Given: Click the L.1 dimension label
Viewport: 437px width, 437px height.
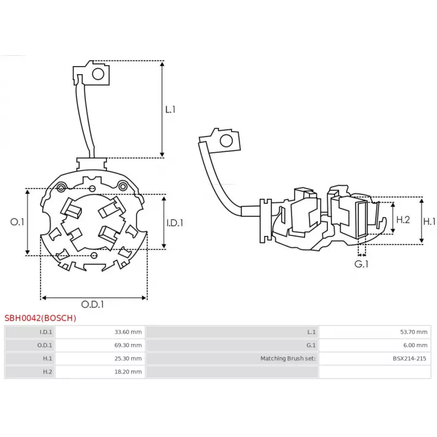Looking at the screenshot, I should point(170,109).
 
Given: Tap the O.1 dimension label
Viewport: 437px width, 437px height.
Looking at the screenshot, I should point(17,222).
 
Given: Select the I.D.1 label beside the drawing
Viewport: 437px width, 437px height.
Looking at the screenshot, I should point(174,222).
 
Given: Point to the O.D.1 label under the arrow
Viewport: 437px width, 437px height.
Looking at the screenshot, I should point(92,304).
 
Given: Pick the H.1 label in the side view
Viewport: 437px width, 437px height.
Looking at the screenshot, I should point(430,221).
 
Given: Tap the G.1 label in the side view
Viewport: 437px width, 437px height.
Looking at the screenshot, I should point(362,264).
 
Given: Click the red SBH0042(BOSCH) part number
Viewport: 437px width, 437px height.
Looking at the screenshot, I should point(40,318).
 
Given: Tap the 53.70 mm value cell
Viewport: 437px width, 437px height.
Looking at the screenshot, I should point(415,332).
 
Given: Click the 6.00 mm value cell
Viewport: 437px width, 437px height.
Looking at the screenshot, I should point(415,345).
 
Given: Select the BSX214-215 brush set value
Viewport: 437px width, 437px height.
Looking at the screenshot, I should point(410,358).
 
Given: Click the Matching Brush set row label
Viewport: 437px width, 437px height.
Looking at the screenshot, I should point(288,358).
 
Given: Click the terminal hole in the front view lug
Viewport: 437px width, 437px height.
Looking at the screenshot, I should point(99,74).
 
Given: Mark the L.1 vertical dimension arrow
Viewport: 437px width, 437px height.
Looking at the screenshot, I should point(162,109).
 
